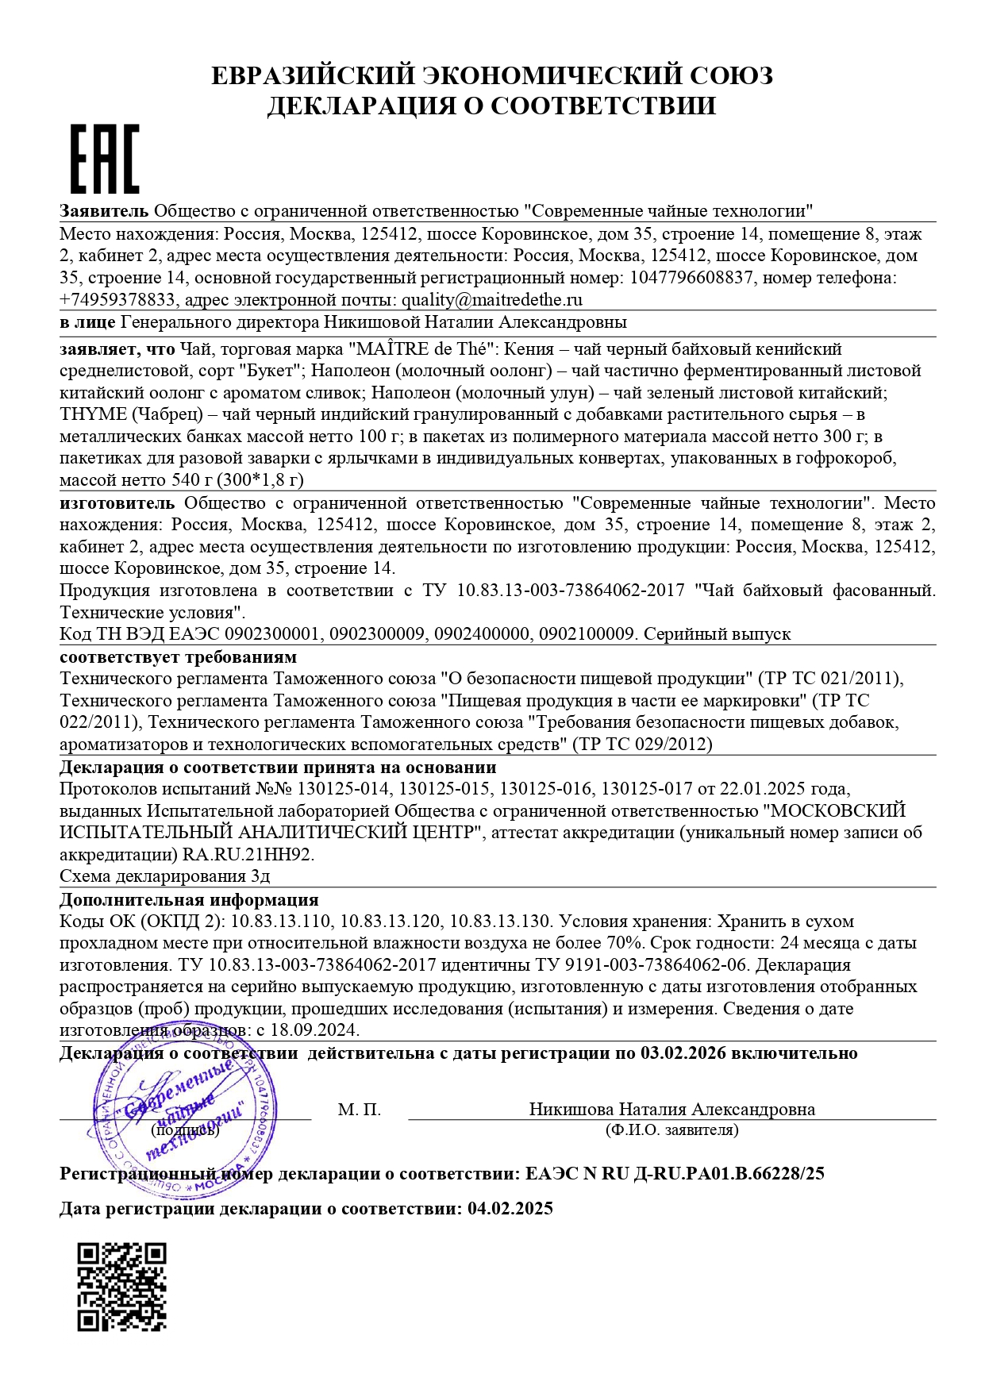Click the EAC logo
(105, 159)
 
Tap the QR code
(121, 1287)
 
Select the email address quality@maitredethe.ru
(492, 300)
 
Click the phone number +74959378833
(117, 300)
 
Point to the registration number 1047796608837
(691, 278)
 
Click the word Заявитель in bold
(104, 211)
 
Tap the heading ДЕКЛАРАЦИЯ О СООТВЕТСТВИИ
(491, 106)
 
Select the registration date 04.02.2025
(510, 1209)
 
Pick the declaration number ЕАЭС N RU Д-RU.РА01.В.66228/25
(675, 1173)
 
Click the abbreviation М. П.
(360, 1110)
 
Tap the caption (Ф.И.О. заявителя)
(671, 1129)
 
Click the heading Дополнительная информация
(189, 900)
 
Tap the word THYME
(93, 414)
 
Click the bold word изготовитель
(117, 503)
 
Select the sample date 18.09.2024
(314, 1031)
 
